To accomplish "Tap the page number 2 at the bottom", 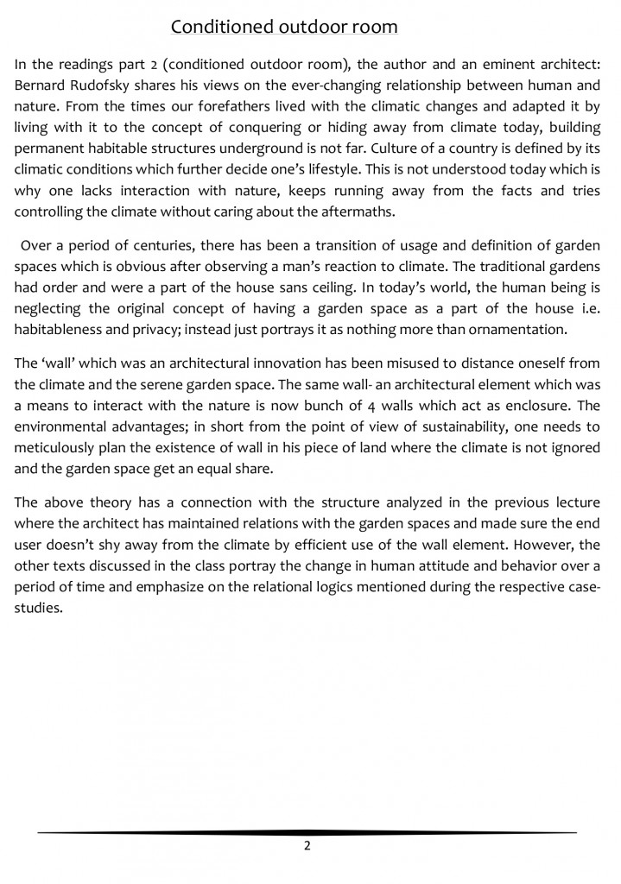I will [x=307, y=845].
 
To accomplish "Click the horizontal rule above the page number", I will [x=307, y=832].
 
